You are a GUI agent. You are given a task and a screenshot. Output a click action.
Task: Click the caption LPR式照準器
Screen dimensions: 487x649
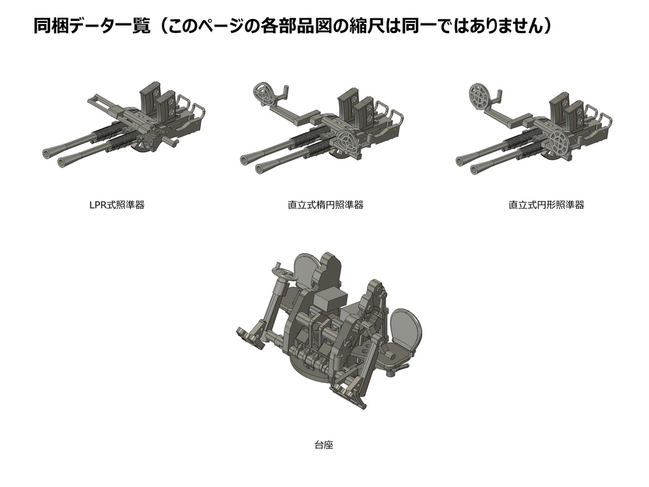tap(117, 205)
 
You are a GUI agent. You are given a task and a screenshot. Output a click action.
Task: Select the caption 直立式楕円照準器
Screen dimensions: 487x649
tap(325, 205)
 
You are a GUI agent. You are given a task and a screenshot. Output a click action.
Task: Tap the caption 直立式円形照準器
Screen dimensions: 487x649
tap(546, 205)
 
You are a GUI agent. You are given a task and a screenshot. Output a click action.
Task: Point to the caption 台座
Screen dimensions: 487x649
tap(324, 445)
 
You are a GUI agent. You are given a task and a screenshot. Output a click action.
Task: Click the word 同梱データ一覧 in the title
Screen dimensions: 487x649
tap(91, 27)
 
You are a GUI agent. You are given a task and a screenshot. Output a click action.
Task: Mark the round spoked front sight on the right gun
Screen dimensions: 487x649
tap(561, 142)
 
